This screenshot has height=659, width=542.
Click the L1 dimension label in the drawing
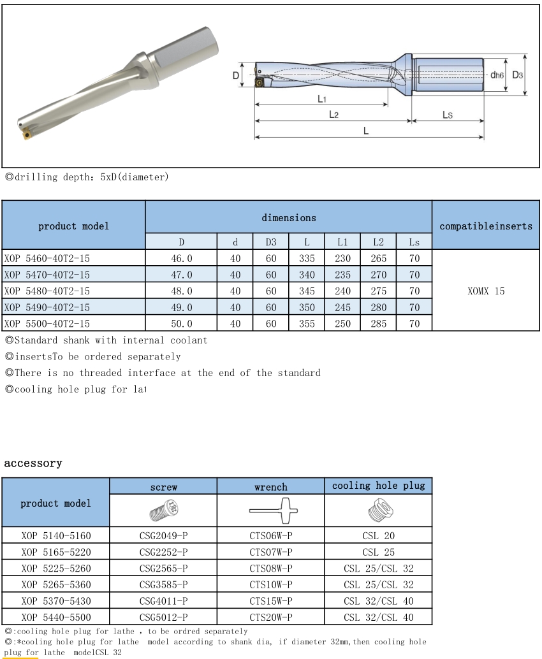point(322,99)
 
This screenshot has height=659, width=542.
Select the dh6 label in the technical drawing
point(497,75)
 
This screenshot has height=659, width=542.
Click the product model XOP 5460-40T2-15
point(47,257)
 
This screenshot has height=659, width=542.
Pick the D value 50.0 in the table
point(181,324)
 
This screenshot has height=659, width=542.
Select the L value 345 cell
point(307,291)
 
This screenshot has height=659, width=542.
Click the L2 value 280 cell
point(378,307)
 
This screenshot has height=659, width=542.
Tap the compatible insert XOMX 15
point(486,291)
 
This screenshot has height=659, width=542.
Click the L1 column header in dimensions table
point(342,242)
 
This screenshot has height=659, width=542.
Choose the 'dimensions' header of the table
point(289,217)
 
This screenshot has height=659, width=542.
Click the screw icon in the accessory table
point(163,511)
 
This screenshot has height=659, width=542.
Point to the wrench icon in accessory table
point(270,511)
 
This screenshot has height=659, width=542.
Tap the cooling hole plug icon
point(378,511)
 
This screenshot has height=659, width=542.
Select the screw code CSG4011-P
point(163,600)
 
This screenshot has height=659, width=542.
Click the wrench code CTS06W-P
point(270,536)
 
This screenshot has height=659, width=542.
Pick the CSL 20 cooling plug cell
point(378,536)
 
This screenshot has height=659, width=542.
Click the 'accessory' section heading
point(33,463)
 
